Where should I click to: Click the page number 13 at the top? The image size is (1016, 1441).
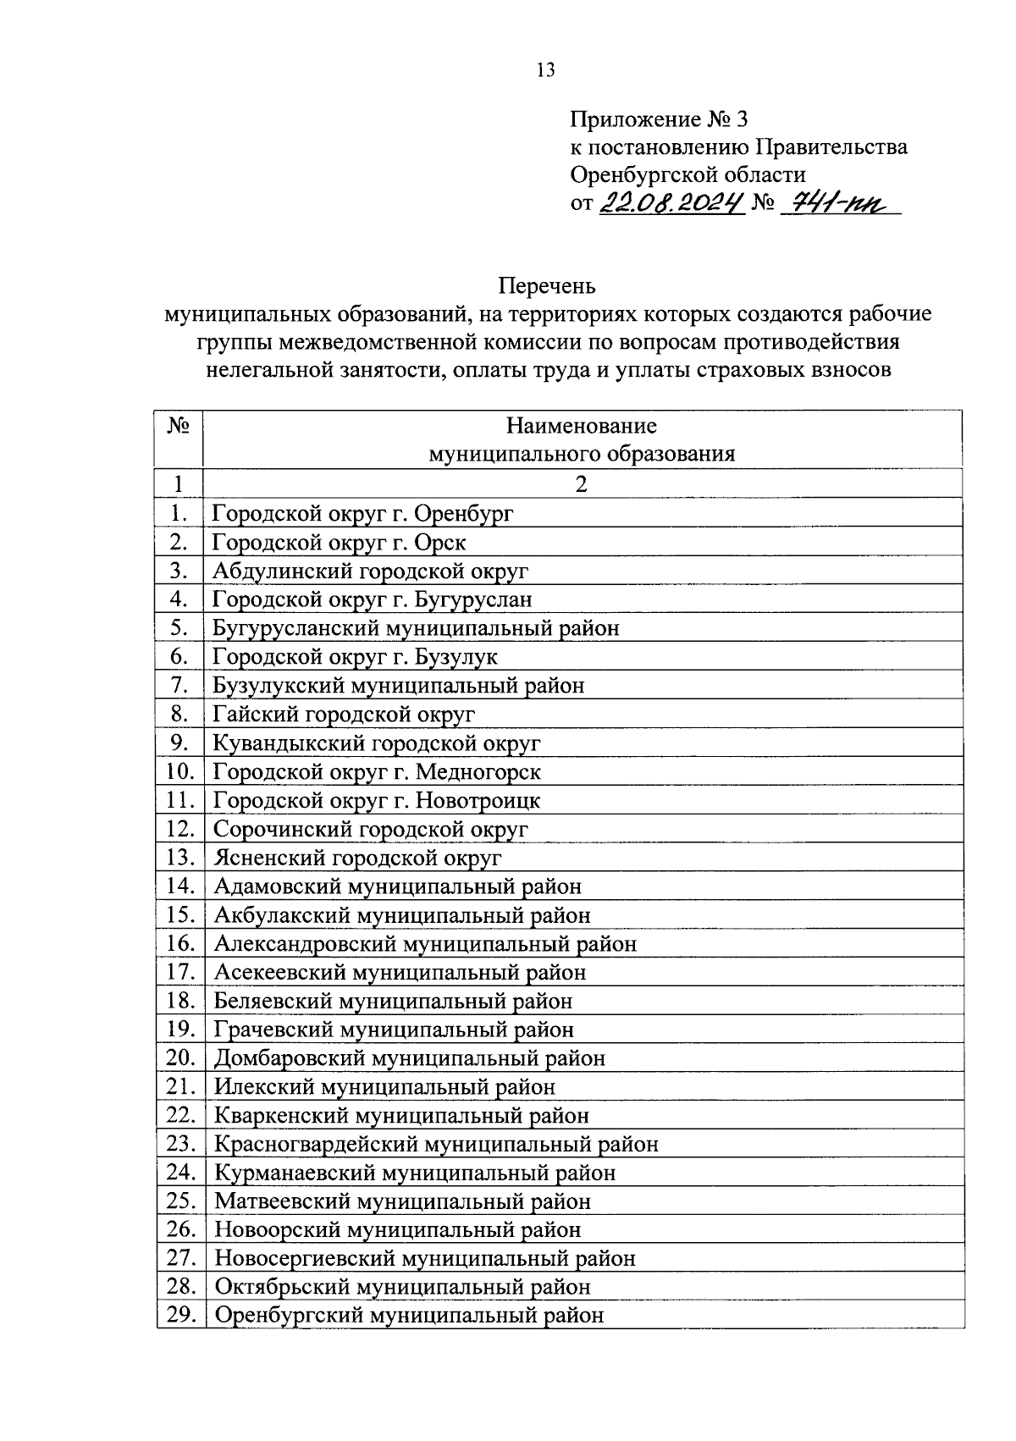tap(545, 70)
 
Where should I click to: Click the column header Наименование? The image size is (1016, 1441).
tap(581, 425)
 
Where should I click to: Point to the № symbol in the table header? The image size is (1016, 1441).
tap(178, 425)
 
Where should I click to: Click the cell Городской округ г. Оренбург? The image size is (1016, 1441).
tap(363, 513)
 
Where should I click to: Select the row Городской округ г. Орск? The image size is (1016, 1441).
tap(339, 542)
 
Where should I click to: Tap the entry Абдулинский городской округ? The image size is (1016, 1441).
tap(370, 571)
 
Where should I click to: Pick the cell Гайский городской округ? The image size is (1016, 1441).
tap(344, 714)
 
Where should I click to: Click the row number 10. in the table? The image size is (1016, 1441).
tap(179, 771)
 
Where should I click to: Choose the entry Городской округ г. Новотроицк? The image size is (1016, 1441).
tap(376, 800)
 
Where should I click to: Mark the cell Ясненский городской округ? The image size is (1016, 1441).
tap(357, 858)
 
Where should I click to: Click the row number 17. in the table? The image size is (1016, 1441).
tap(179, 972)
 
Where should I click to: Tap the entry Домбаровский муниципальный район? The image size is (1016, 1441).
tap(410, 1058)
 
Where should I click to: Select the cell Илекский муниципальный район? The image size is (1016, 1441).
tap(384, 1086)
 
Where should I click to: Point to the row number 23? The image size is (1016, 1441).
tap(179, 1144)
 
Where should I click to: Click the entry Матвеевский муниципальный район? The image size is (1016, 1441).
tap(402, 1201)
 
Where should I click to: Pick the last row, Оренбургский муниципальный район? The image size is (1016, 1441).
tap(409, 1316)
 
